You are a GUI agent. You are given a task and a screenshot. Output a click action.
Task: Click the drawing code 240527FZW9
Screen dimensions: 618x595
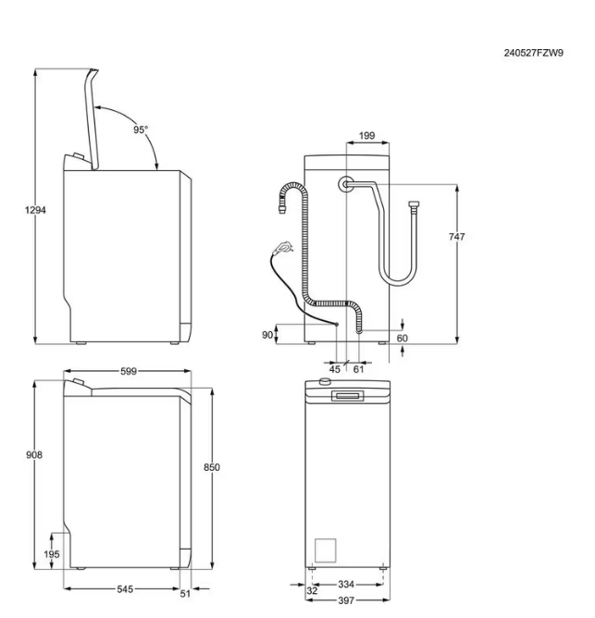click(533, 53)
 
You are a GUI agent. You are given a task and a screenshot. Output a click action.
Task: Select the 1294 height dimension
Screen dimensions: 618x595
click(35, 210)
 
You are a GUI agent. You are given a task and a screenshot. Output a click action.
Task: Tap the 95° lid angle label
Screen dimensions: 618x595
click(141, 130)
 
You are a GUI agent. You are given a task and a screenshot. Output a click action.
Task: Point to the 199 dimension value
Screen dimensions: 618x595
click(366, 136)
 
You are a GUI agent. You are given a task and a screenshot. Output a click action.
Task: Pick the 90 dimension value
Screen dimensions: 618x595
click(267, 335)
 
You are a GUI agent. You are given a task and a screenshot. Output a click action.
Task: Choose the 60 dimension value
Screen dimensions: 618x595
click(403, 339)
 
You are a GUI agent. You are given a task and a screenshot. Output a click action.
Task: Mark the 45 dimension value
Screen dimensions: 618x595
click(335, 368)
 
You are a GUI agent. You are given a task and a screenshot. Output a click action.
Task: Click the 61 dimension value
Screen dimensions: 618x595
click(359, 368)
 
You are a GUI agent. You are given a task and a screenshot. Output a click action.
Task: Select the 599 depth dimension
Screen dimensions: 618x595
click(128, 371)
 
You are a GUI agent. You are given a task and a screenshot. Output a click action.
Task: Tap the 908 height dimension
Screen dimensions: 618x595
click(34, 454)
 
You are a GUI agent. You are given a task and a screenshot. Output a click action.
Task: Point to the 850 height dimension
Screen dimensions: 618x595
click(211, 468)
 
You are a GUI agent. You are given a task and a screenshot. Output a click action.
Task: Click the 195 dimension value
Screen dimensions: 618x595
click(52, 554)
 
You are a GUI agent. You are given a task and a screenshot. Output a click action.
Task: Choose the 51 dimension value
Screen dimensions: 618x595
click(185, 594)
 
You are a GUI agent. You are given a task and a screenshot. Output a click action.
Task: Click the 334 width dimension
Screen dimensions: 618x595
click(345, 585)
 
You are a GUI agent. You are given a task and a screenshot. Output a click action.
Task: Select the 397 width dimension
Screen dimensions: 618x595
click(346, 601)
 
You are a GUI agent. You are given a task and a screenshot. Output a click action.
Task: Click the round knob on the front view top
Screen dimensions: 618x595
click(325, 382)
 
